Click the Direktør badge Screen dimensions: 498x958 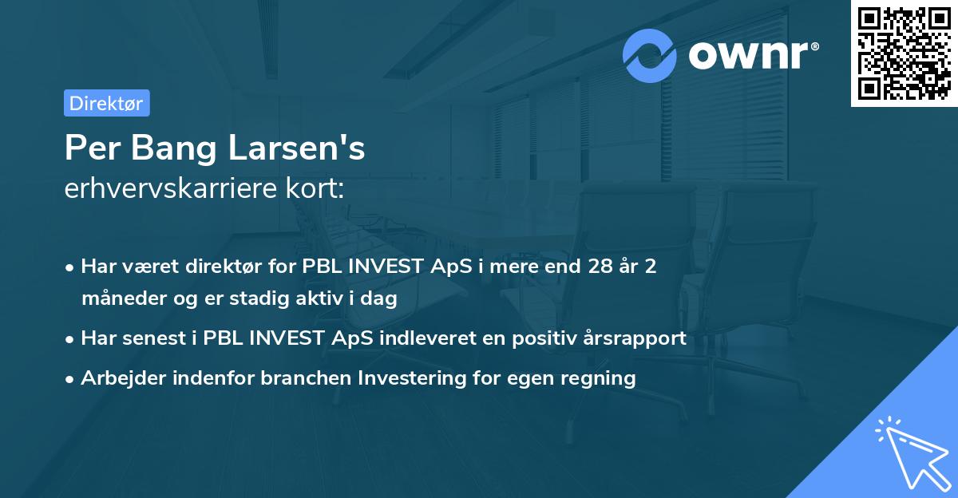coord(106,103)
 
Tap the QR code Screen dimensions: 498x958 coord(904,53)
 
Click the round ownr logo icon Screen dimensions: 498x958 coord(650,55)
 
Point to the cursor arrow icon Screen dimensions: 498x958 coord(910,451)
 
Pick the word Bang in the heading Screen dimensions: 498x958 coord(158,148)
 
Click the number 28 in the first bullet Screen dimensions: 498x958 coord(595,267)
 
